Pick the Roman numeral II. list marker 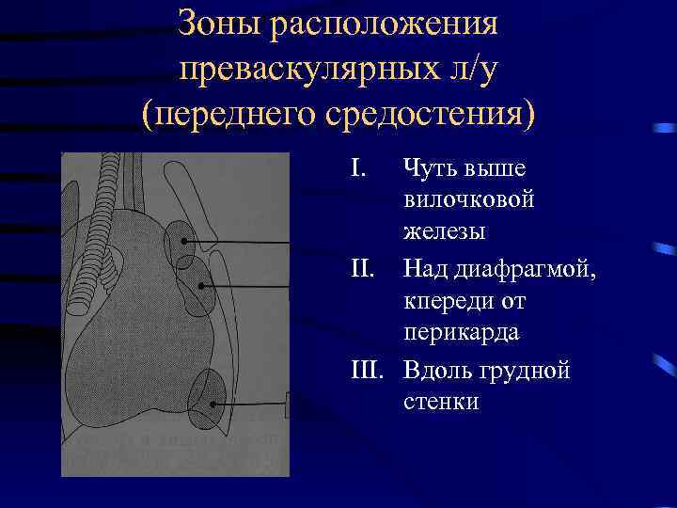[x=363, y=271]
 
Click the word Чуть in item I [x=431, y=168]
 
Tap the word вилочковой [x=468, y=200]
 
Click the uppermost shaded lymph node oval [x=181, y=242]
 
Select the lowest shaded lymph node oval [x=208, y=399]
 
